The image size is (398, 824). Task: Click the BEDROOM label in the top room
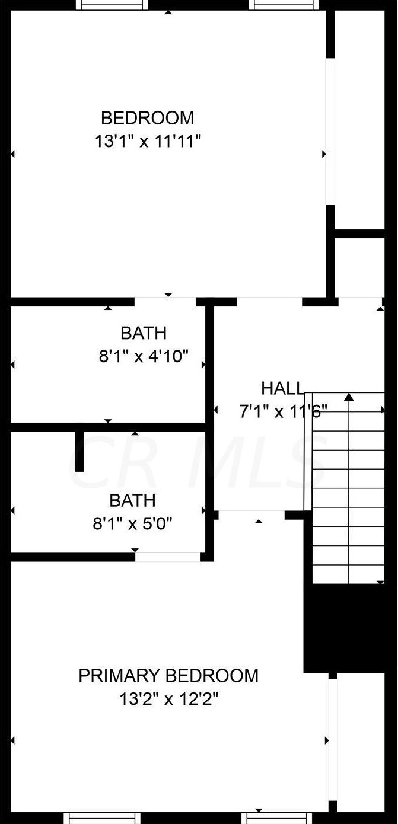147,118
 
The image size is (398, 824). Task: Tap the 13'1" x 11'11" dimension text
148,142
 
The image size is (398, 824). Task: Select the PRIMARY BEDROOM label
168,676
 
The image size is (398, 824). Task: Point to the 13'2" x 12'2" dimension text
169,700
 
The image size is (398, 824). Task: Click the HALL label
282,389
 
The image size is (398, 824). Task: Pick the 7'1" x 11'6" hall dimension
283,411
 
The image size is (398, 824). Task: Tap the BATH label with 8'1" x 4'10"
144,333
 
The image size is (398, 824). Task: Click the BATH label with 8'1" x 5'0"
132,500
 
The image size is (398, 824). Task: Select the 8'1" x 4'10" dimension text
144,356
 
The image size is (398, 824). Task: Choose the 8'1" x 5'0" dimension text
132,524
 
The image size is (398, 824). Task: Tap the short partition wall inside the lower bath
79,451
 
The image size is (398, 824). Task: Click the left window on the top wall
113,5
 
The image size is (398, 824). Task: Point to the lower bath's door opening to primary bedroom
168,557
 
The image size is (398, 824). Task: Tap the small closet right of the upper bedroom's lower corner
360,267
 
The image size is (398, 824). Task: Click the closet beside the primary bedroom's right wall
361,741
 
